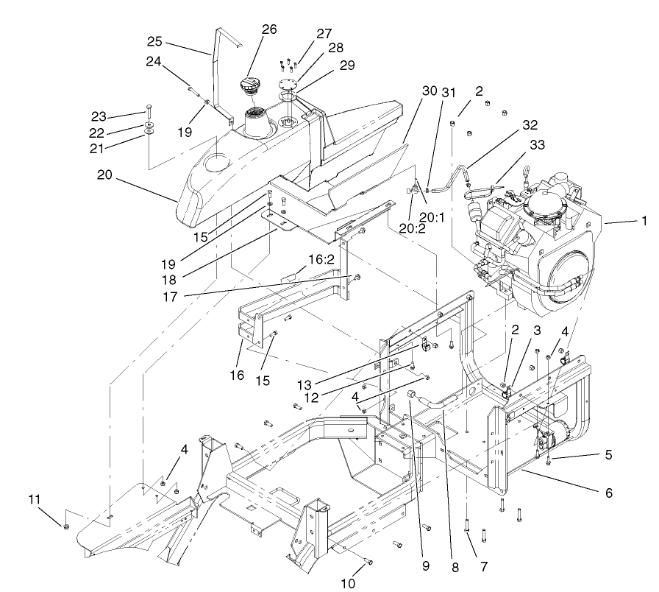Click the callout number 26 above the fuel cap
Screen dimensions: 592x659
(x=268, y=29)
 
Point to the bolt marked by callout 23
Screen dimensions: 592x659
(x=149, y=110)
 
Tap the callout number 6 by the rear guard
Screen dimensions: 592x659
(x=609, y=493)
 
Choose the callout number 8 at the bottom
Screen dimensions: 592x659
(x=455, y=568)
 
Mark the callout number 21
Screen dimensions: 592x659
(x=118, y=149)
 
